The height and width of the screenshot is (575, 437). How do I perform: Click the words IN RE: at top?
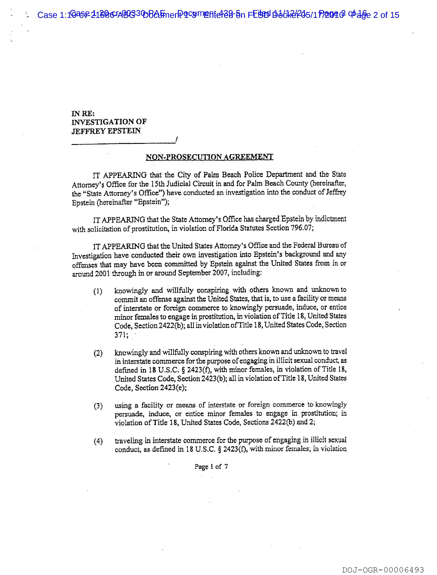click(83, 114)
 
